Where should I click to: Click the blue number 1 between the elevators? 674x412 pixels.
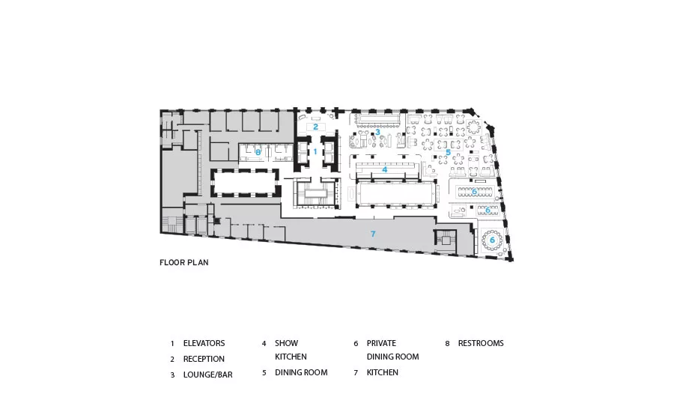315,152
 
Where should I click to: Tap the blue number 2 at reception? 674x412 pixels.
315,127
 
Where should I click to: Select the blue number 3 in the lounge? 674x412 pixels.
377,132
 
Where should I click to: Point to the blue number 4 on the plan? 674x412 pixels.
385,169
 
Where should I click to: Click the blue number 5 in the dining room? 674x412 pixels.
448,152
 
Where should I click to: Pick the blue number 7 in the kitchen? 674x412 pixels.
373,234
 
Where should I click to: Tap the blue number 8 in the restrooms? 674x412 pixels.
258,152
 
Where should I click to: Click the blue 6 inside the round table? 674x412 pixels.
493,240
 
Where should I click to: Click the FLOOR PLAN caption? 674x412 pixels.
184,262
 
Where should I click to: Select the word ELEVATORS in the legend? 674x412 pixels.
204,343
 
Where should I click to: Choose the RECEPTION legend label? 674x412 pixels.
204,359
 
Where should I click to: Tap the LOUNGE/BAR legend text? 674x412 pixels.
208,375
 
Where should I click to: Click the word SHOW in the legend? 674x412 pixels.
287,343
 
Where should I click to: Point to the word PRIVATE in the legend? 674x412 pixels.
381,343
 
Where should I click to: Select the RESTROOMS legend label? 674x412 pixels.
481,343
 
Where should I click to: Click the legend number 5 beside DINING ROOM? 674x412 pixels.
264,373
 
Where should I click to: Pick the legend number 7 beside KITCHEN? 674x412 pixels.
356,373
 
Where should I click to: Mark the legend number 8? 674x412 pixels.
448,344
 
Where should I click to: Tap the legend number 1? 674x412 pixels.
172,344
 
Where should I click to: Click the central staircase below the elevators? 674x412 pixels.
315,193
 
